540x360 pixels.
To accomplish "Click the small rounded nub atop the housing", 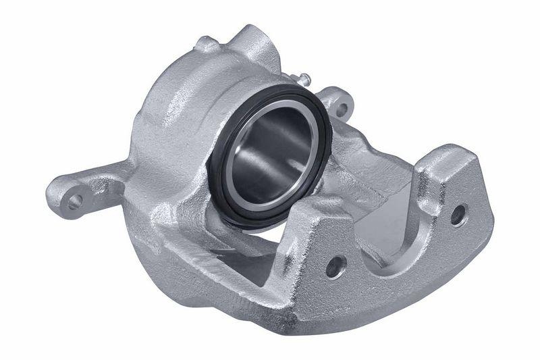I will pyautogui.click(x=206, y=45).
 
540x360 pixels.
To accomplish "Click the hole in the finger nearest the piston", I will pyautogui.click(x=335, y=265).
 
